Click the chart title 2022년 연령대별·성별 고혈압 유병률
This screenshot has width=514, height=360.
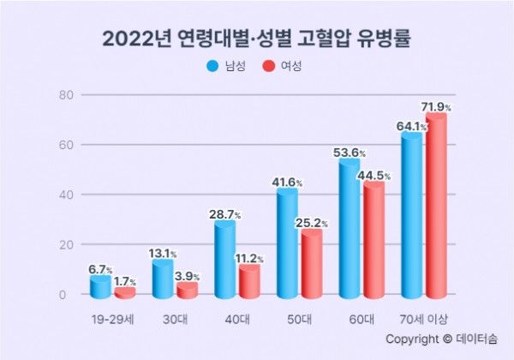[256, 39]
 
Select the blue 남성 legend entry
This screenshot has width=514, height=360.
[225, 66]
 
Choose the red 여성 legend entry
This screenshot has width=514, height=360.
[282, 66]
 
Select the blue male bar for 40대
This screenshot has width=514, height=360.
[224, 259]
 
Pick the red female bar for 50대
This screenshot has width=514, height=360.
[312, 263]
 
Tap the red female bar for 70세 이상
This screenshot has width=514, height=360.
[436, 206]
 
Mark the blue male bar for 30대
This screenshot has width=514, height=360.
[162, 279]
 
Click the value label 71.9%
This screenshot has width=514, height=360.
[436, 106]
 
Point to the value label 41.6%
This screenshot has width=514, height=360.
[287, 183]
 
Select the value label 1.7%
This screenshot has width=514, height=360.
[126, 280]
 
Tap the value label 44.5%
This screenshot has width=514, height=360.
[374, 175]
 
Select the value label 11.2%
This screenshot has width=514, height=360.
[249, 258]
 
